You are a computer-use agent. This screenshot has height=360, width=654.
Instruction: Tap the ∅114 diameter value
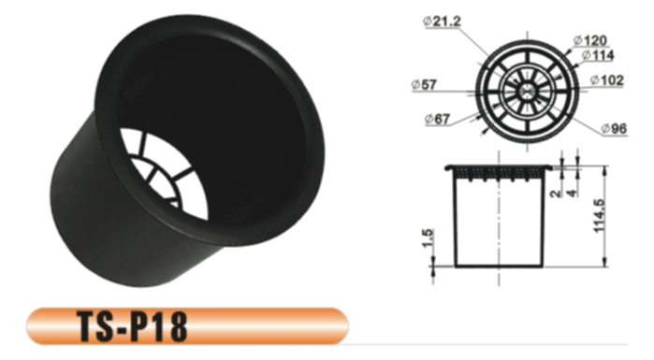pyautogui.click(x=596, y=56)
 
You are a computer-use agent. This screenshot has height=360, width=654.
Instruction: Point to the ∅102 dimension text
pyautogui.click(x=607, y=81)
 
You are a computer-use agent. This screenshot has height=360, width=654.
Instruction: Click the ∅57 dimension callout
pyautogui.click(x=425, y=85)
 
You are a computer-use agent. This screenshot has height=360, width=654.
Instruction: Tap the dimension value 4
pyautogui.click(x=571, y=194)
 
